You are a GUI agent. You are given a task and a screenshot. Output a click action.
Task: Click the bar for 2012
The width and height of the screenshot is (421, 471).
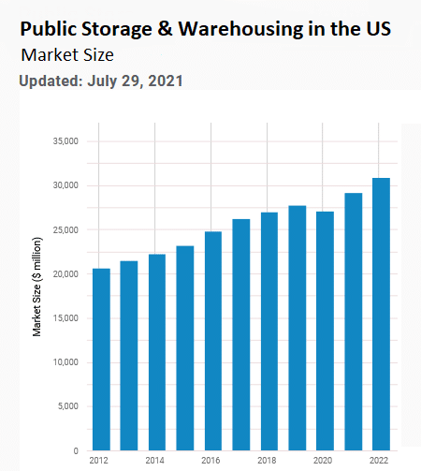[101, 360]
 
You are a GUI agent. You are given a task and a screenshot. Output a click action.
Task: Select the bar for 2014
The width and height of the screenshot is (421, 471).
[157, 352]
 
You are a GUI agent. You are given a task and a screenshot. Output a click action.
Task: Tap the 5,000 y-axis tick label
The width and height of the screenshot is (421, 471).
[67, 407]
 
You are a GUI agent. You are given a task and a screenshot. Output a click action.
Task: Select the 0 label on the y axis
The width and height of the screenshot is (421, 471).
[76, 451]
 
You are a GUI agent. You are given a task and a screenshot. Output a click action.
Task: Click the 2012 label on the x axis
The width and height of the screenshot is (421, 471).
[100, 462]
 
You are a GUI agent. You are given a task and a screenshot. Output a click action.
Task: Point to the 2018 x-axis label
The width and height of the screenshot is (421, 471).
[269, 462]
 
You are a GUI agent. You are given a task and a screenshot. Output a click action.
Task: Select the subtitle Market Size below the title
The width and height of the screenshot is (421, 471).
[67, 55]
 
